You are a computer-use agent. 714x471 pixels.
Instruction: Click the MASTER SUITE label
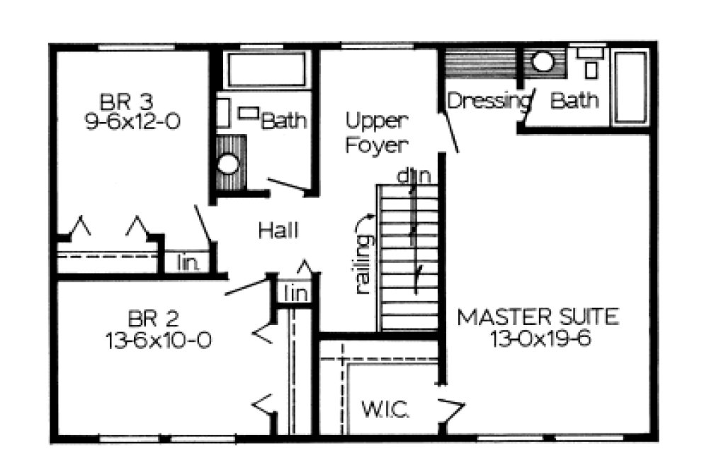538,316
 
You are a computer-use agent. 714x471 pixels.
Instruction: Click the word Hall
278,231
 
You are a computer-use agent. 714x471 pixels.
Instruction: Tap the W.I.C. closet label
386,410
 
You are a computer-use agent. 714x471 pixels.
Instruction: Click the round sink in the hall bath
229,163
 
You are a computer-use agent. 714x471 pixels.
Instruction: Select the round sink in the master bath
543,62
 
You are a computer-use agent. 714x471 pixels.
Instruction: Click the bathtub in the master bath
630,87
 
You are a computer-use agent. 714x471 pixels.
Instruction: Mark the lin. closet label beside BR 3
186,263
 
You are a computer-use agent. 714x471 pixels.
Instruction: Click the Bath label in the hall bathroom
285,121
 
